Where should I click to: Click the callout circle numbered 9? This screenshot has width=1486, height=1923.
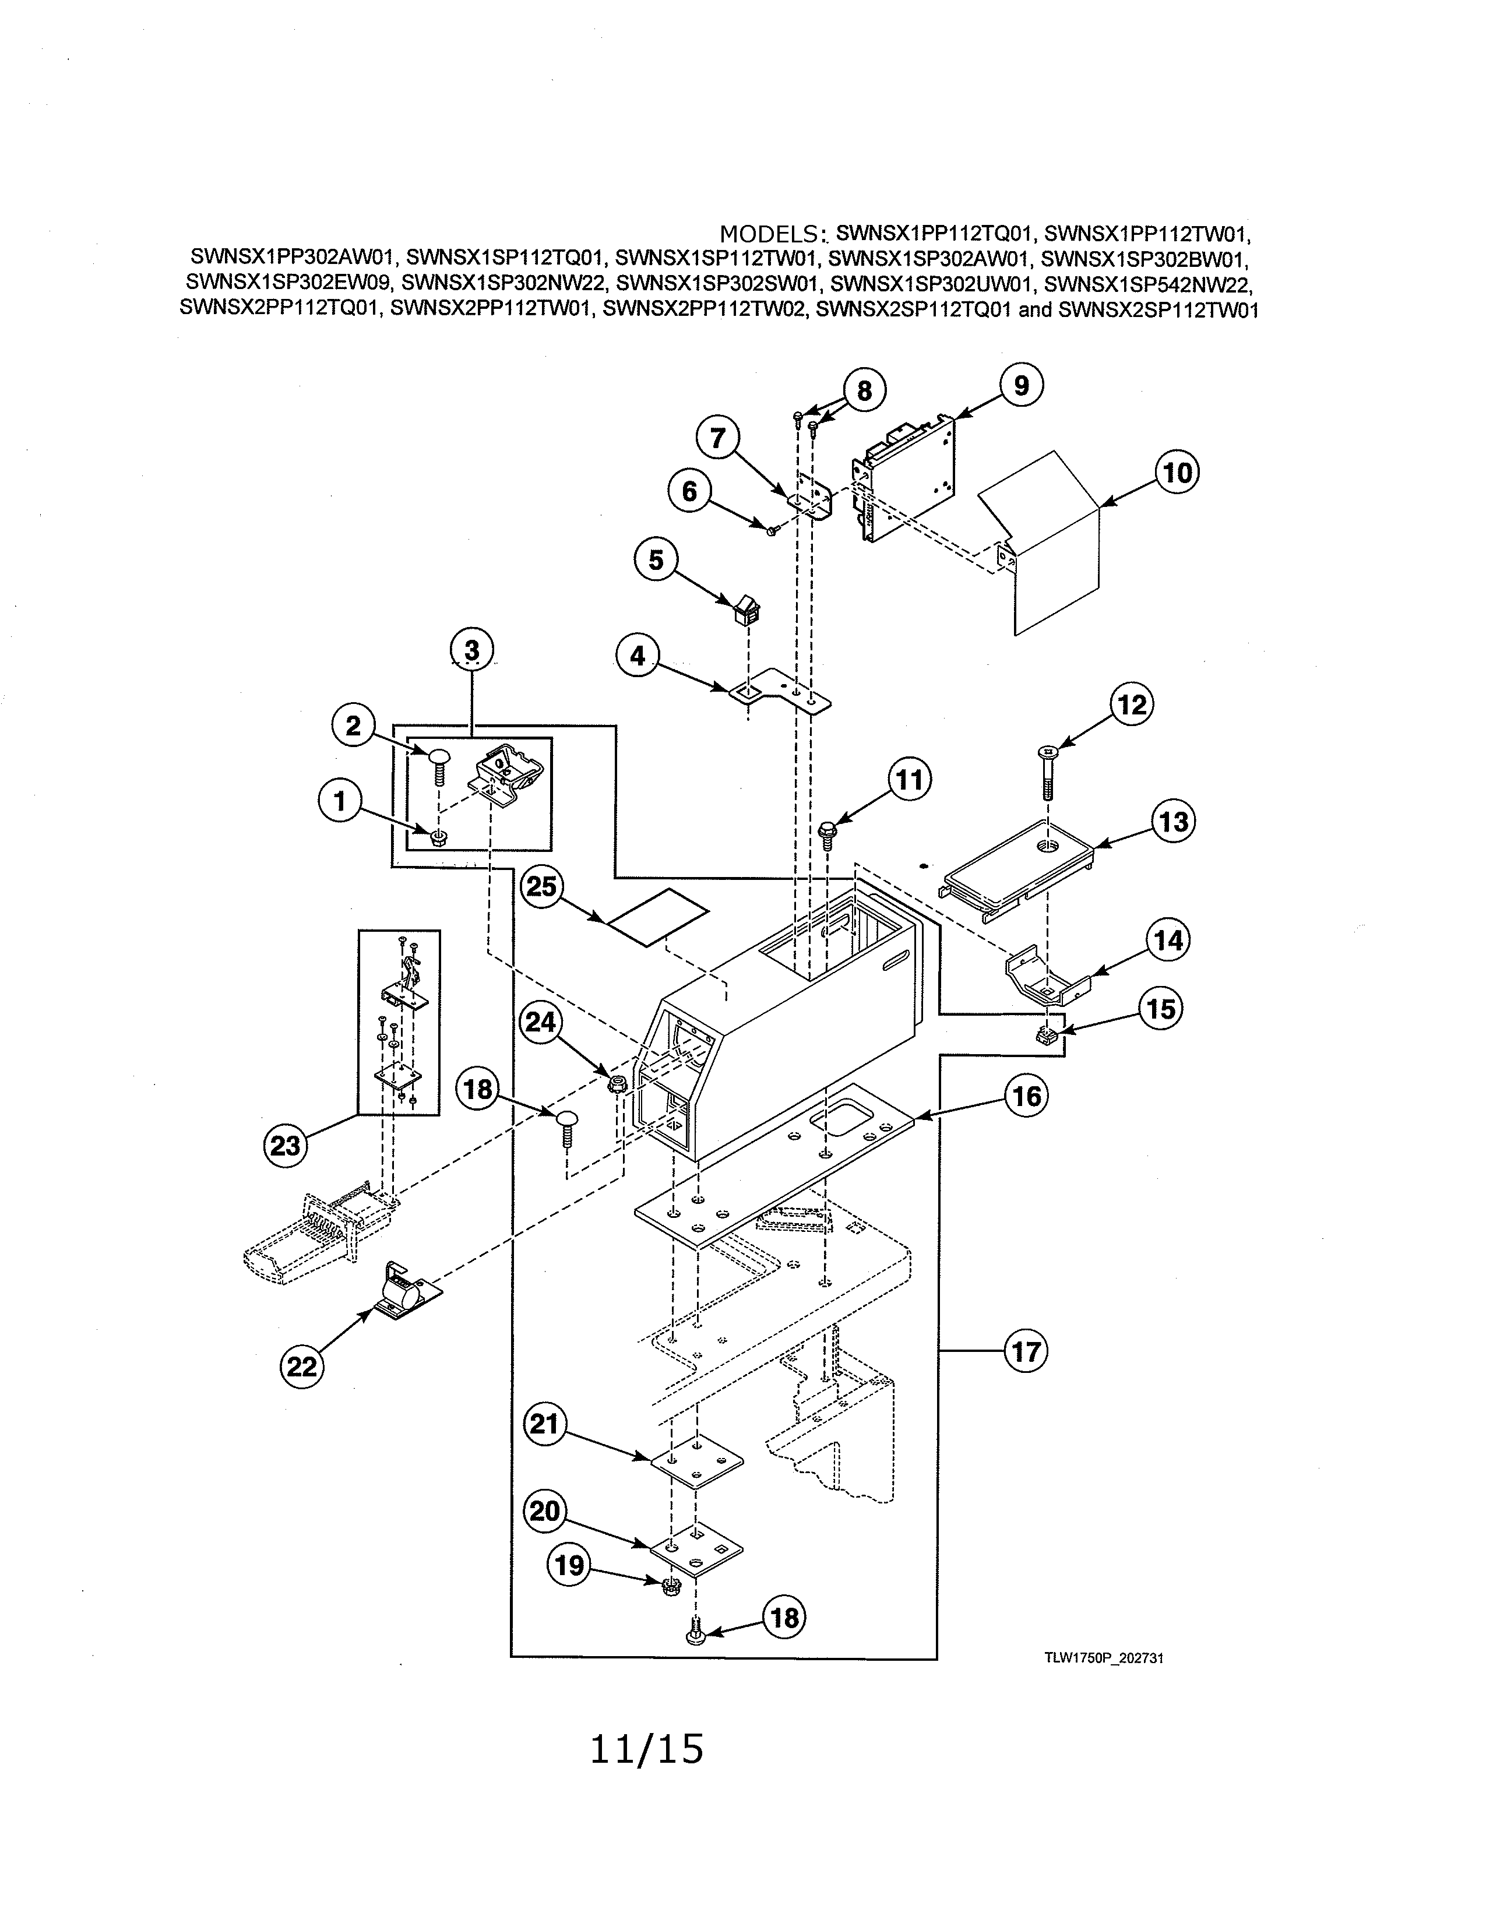1020,386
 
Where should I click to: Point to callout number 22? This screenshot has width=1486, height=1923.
301,1366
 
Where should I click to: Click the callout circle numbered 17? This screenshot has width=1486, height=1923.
1026,1351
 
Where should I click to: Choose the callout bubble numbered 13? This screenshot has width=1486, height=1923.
1174,822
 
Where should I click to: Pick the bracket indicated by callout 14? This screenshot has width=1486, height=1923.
1048,977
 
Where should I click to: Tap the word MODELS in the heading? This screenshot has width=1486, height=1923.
769,234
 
